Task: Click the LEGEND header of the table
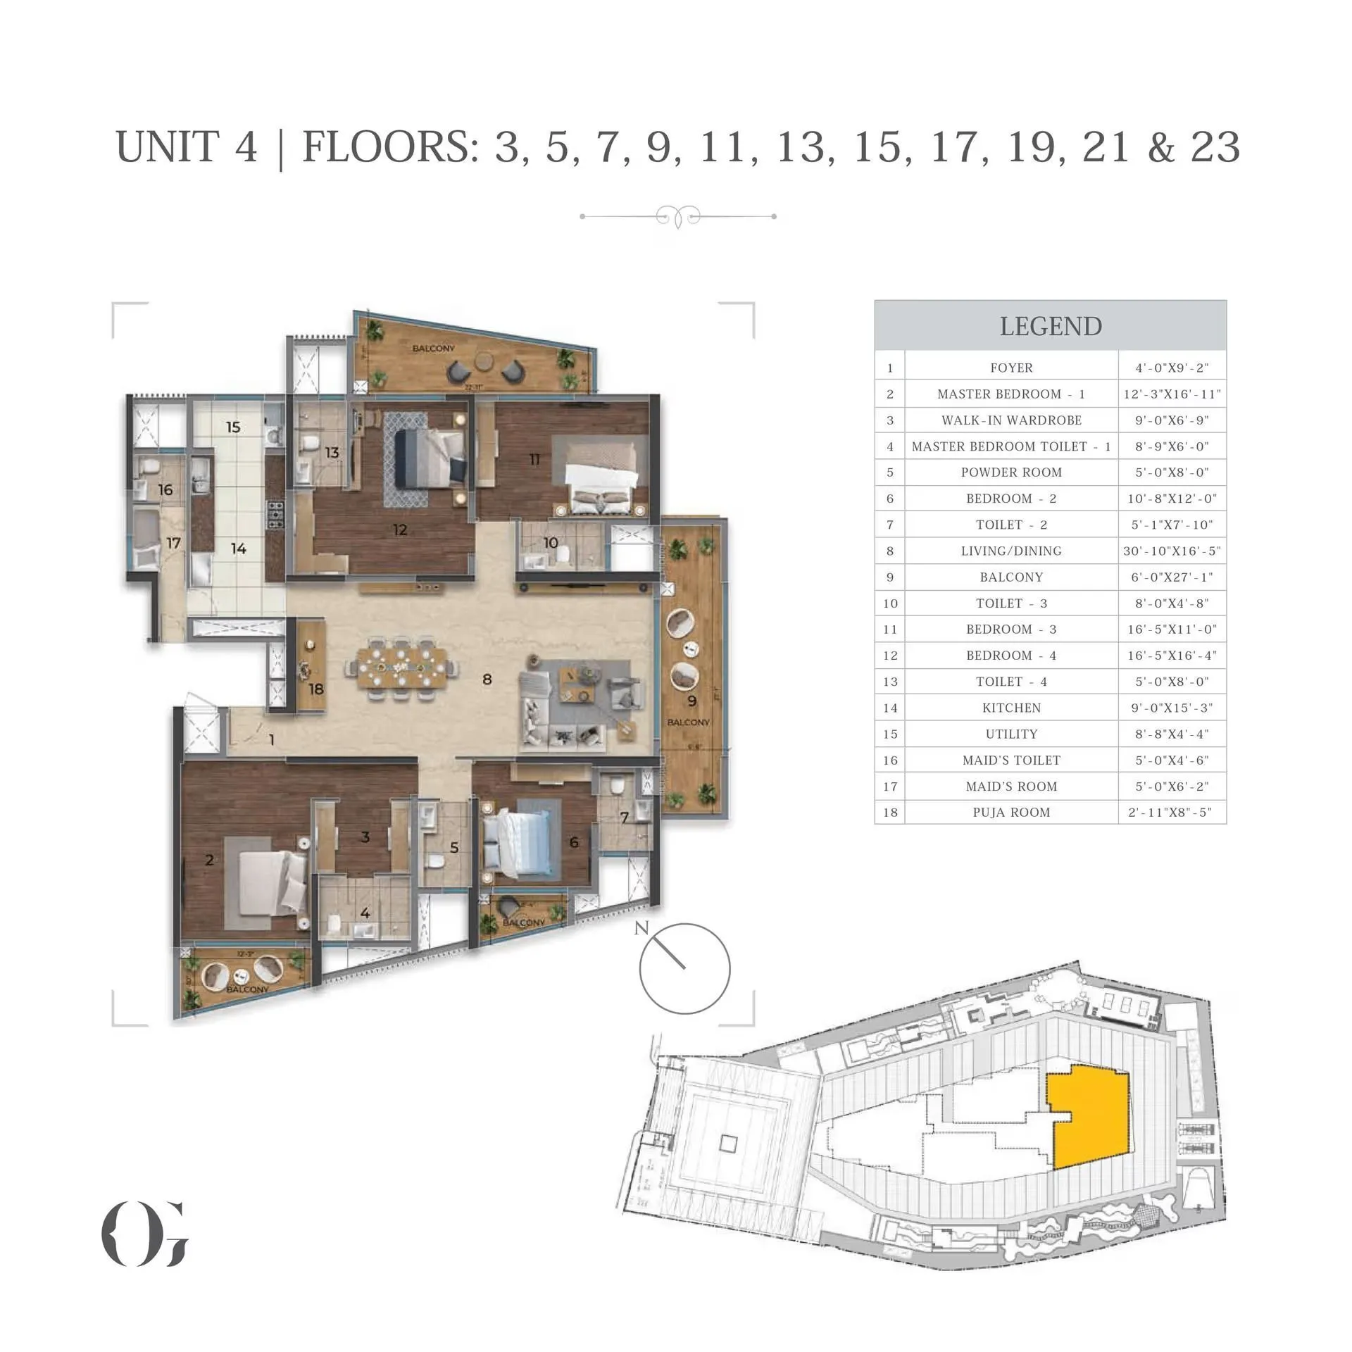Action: pyautogui.click(x=1050, y=327)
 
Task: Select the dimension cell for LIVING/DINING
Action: pyautogui.click(x=1172, y=551)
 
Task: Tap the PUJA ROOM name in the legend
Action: pyautogui.click(x=1011, y=812)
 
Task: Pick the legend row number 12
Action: pyautogui.click(x=890, y=656)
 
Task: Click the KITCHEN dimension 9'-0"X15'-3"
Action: pyautogui.click(x=1172, y=708)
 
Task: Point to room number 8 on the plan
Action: pyautogui.click(x=487, y=680)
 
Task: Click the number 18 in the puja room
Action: pyautogui.click(x=315, y=689)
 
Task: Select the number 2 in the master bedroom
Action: pyautogui.click(x=209, y=860)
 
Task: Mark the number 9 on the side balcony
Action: pyautogui.click(x=691, y=701)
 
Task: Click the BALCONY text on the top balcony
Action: pyautogui.click(x=433, y=349)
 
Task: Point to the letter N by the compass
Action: pyautogui.click(x=640, y=928)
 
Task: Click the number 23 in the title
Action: pyautogui.click(x=1215, y=147)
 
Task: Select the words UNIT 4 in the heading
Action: pyautogui.click(x=187, y=147)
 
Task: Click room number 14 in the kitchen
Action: pyautogui.click(x=238, y=549)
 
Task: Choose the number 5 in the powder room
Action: pyautogui.click(x=454, y=848)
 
